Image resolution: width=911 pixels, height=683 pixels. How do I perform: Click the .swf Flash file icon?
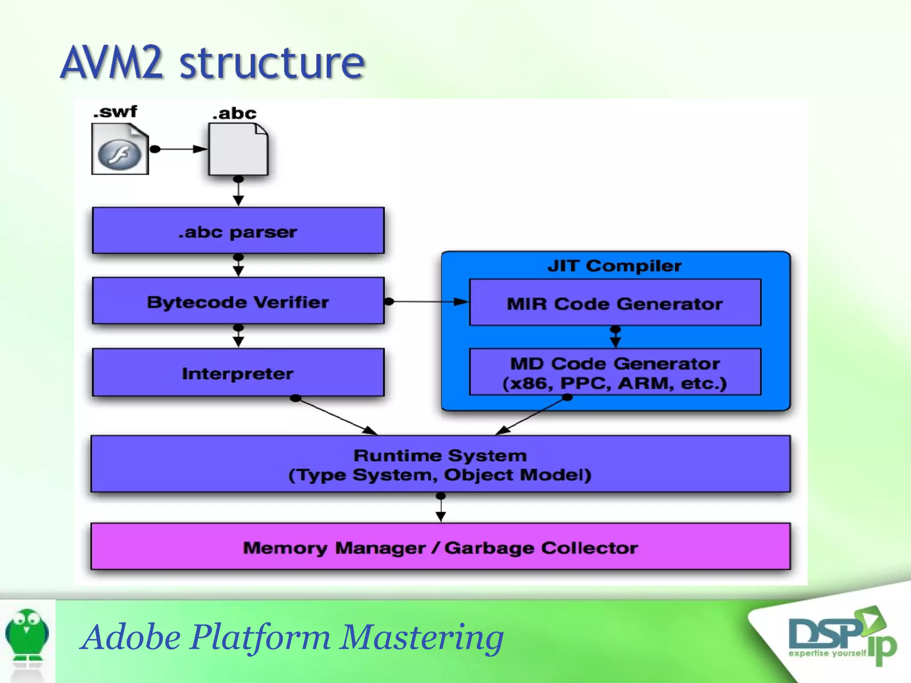(120, 149)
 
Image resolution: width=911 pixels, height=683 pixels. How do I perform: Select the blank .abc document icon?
(238, 149)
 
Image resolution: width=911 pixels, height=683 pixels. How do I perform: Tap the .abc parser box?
(238, 230)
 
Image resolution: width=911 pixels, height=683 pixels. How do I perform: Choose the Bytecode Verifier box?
(238, 301)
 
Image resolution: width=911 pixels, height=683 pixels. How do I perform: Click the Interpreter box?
(238, 372)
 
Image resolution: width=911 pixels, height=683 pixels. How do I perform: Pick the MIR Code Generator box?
(615, 302)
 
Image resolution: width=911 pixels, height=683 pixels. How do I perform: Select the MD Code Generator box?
(615, 372)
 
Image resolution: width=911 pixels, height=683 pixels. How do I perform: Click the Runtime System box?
(440, 464)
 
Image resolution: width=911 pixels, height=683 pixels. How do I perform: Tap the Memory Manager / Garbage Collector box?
(440, 546)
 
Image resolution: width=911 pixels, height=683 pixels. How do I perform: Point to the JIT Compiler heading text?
(614, 266)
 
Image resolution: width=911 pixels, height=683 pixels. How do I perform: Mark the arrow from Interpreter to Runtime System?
(336, 416)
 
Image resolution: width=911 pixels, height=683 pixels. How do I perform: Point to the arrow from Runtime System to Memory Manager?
(440, 507)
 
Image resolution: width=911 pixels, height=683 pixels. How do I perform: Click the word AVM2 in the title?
(112, 63)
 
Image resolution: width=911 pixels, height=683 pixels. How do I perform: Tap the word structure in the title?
(272, 64)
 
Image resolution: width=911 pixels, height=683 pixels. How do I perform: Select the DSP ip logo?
(842, 636)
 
